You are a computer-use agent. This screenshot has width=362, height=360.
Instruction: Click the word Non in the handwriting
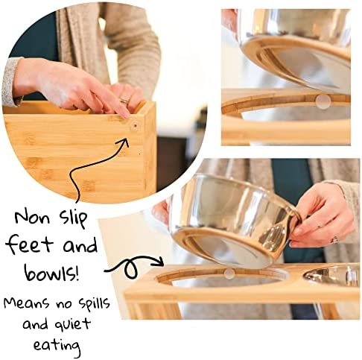click(31, 217)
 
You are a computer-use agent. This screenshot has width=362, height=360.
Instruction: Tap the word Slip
click(73, 218)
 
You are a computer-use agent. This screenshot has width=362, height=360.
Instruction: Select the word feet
click(29, 244)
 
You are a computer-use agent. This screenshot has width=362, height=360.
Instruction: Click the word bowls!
click(51, 272)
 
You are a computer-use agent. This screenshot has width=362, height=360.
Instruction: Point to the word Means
click(26, 303)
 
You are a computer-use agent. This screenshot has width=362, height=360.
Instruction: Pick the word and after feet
click(80, 245)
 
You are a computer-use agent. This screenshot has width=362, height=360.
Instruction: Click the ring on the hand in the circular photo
click(124, 101)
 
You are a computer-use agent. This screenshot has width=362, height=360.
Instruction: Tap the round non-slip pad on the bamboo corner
click(135, 126)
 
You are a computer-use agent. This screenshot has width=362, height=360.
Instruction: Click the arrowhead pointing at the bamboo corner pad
click(124, 142)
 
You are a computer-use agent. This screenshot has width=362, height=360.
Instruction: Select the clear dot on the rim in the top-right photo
click(323, 101)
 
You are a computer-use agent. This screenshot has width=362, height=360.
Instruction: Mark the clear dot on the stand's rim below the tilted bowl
click(229, 273)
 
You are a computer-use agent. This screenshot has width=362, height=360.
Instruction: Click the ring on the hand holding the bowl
click(335, 240)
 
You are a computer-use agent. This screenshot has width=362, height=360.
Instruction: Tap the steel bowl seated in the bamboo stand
click(332, 275)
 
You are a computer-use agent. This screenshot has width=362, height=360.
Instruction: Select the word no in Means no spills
click(63, 304)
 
